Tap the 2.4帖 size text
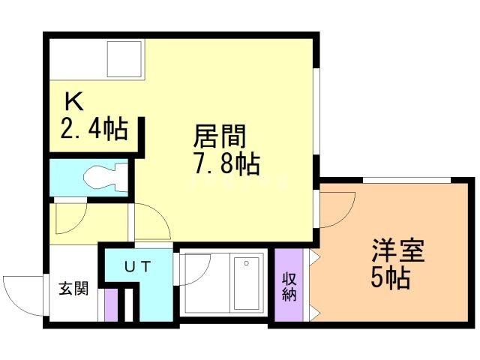tap(93, 130)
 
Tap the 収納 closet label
tap(289, 286)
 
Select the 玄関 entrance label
tap(73, 288)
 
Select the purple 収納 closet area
tap(289, 286)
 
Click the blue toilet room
tap(88, 178)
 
